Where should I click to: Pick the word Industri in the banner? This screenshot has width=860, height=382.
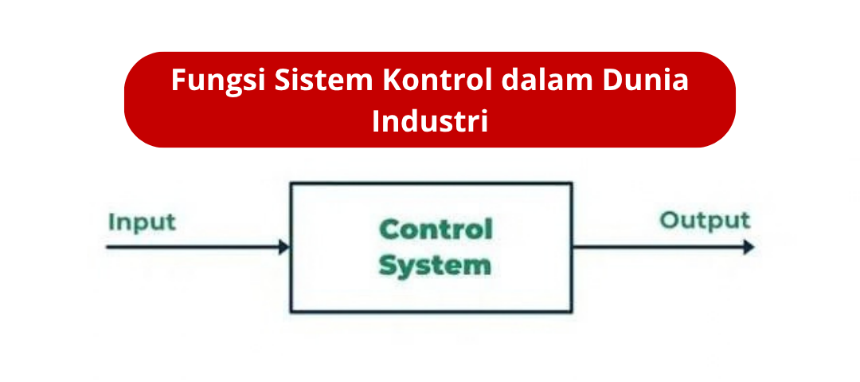pyautogui.click(x=430, y=121)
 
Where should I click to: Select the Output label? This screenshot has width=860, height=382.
pyautogui.click(x=705, y=221)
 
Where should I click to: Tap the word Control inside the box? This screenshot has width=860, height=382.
pyautogui.click(x=436, y=229)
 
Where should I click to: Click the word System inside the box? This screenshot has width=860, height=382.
pyautogui.click(x=435, y=266)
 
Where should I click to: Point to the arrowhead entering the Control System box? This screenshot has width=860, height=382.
pyautogui.click(x=284, y=247)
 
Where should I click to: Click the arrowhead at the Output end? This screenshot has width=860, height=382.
pyautogui.click(x=749, y=247)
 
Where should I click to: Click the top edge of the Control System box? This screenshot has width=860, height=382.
pyautogui.click(x=431, y=183)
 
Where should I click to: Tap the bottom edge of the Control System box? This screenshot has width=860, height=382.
pyautogui.click(x=431, y=311)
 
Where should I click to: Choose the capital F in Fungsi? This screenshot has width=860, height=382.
pyautogui.click(x=179, y=81)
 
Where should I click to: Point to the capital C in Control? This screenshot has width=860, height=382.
pyautogui.click(x=389, y=229)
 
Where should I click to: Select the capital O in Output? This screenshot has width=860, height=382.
pyautogui.click(x=670, y=220)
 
